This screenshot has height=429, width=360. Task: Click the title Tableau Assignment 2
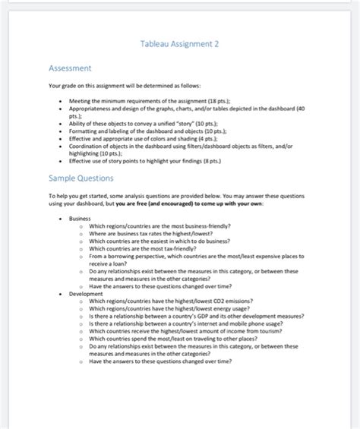click(x=180, y=45)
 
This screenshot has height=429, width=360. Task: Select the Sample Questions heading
click(x=81, y=178)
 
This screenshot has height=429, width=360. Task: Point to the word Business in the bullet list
click(x=79, y=219)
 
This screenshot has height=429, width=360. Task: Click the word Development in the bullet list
click(x=85, y=292)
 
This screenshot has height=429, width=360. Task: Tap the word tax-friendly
click(x=186, y=248)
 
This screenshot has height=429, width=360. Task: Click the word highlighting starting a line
click(x=86, y=153)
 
